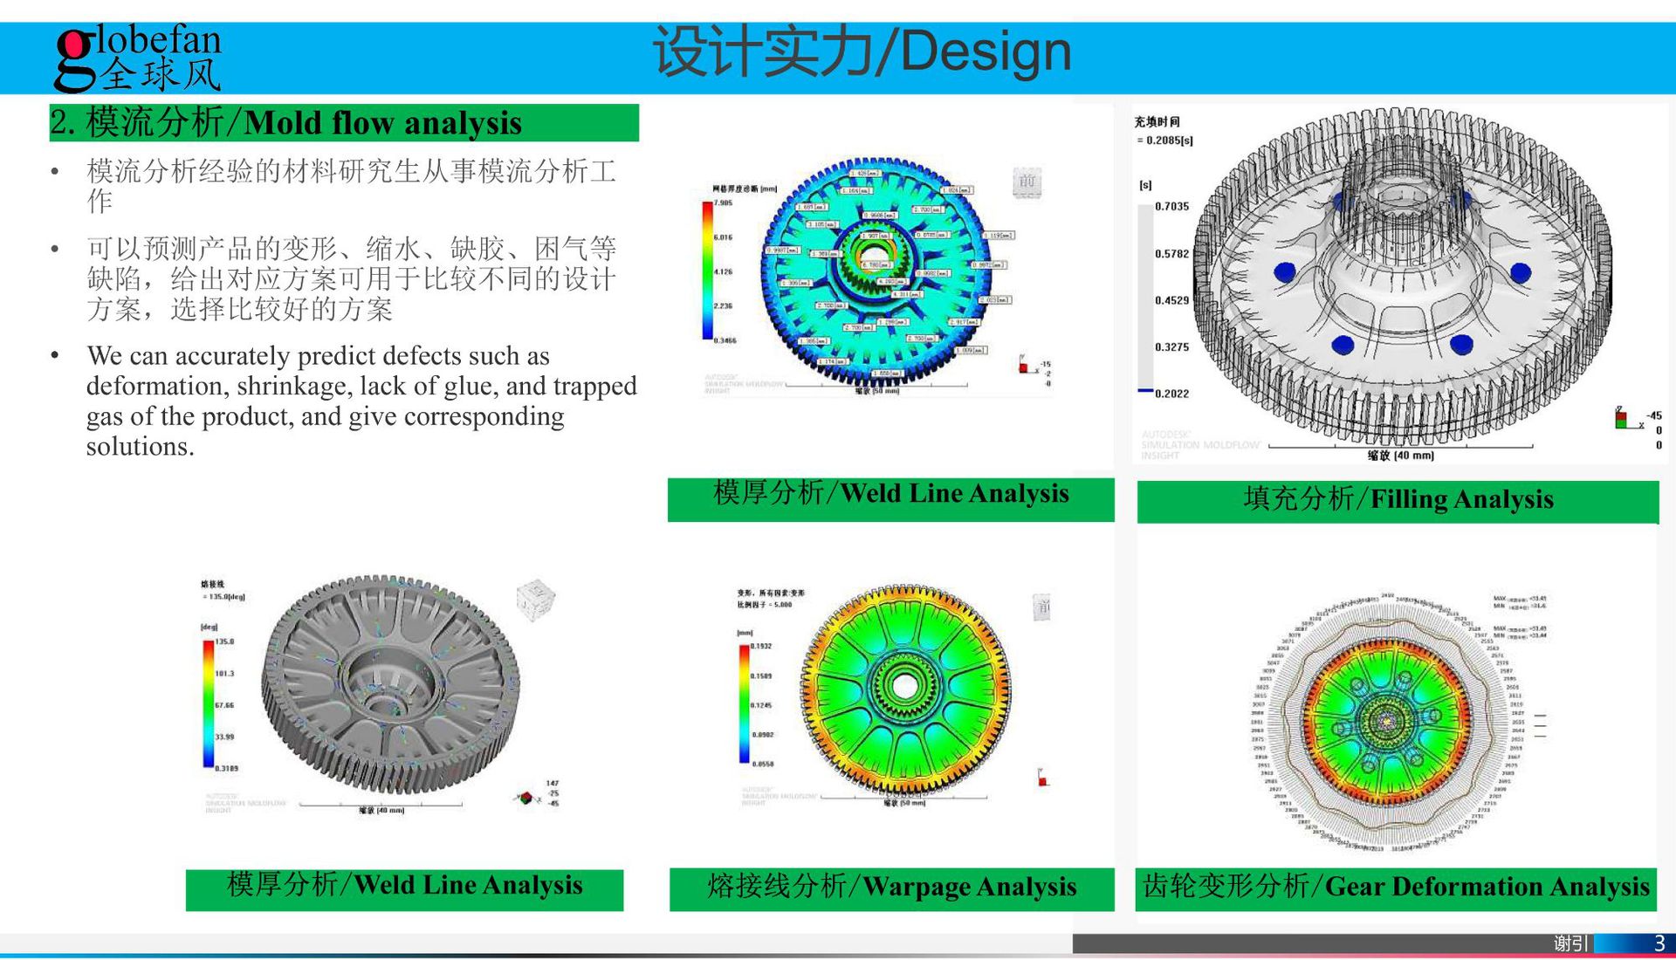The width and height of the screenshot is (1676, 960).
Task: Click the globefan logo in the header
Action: tap(138, 58)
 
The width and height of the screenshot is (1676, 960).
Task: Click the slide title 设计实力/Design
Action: tap(862, 52)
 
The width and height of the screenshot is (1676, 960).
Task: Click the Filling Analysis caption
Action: tap(1398, 499)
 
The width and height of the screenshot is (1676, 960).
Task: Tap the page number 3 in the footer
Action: tap(1659, 943)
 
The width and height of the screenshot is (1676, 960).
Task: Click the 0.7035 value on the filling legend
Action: tap(1171, 207)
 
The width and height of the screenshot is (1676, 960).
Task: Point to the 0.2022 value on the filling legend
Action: tap(1171, 394)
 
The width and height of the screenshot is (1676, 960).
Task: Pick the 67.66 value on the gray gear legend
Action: tap(224, 705)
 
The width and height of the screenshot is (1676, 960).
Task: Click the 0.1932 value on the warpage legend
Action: tap(761, 647)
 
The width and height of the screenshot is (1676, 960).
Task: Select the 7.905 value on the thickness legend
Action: tap(724, 202)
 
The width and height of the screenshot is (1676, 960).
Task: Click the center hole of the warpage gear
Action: tap(904, 688)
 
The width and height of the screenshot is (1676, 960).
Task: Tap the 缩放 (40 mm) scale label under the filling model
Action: tap(1400, 456)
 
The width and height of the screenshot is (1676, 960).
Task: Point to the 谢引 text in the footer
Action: tap(1570, 943)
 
